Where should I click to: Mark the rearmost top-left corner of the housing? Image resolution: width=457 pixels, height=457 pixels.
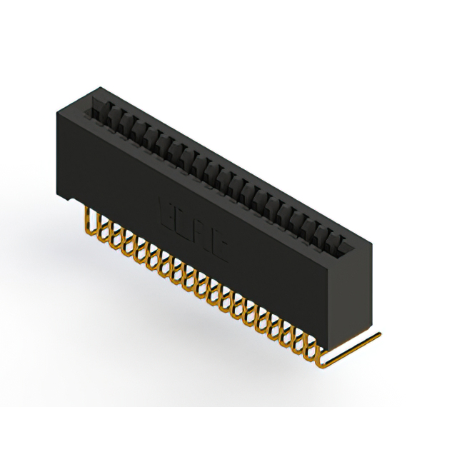pos(99,86)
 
